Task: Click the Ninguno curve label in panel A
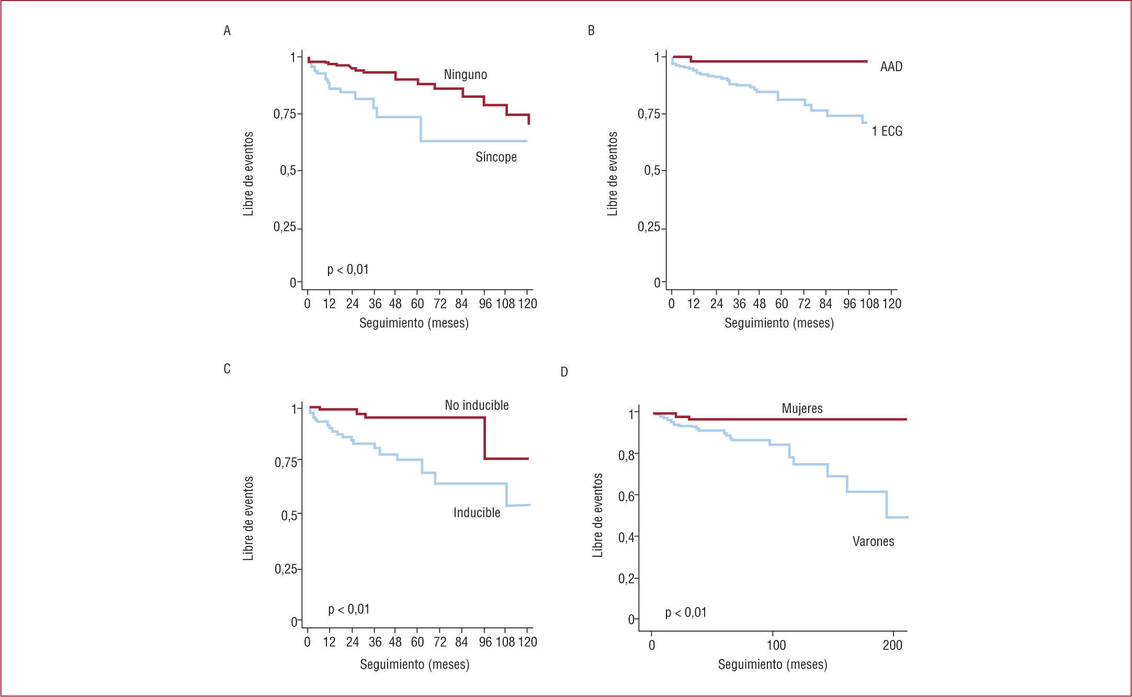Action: click(x=465, y=75)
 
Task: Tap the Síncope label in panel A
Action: click(x=496, y=157)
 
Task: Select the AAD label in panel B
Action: click(x=891, y=67)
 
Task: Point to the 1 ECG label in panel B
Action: click(x=887, y=131)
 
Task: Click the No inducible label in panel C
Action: click(x=477, y=406)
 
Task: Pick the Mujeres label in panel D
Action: click(x=802, y=409)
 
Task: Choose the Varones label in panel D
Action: click(x=873, y=542)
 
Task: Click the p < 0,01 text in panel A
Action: click(x=348, y=270)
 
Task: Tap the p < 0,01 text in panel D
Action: click(x=686, y=613)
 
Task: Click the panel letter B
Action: click(x=591, y=31)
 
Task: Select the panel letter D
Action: click(x=564, y=372)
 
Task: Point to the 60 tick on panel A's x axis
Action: click(x=417, y=304)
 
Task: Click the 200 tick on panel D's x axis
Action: click(x=892, y=645)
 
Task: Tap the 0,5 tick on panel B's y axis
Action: click(x=652, y=171)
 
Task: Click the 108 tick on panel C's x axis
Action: click(x=505, y=642)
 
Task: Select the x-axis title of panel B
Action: click(x=779, y=323)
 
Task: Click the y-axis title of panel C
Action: click(x=248, y=518)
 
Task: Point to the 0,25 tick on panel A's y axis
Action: click(x=285, y=228)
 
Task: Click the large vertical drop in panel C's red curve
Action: click(x=485, y=438)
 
